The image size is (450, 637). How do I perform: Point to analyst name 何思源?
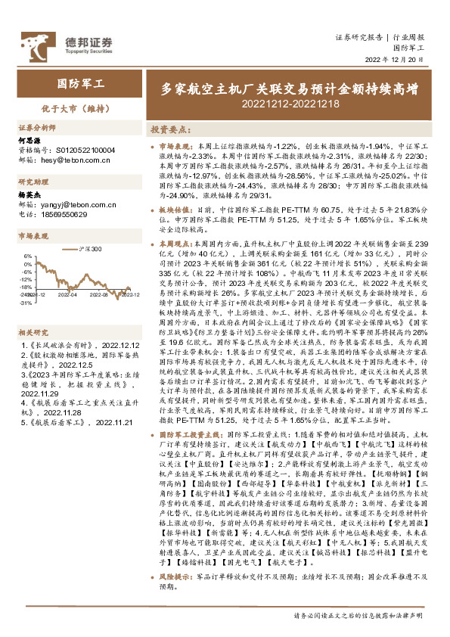tap(29, 141)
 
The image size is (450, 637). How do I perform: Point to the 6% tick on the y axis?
tap(27, 256)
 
